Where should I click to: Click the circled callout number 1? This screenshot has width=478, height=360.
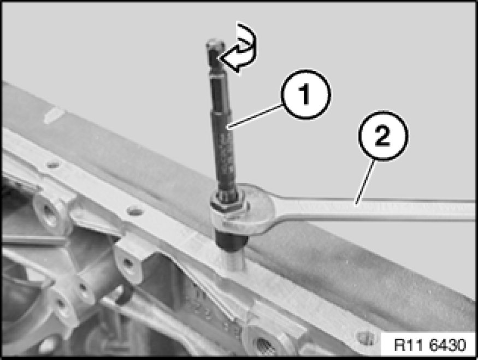(305, 94)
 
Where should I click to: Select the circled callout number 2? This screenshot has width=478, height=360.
(382, 135)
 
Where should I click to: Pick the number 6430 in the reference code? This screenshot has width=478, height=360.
(447, 345)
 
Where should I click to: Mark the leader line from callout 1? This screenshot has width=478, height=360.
(256, 115)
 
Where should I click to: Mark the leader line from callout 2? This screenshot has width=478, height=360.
(364, 181)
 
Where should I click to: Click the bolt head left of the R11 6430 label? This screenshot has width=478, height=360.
(366, 337)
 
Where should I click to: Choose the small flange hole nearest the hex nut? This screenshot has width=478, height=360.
(135, 210)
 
